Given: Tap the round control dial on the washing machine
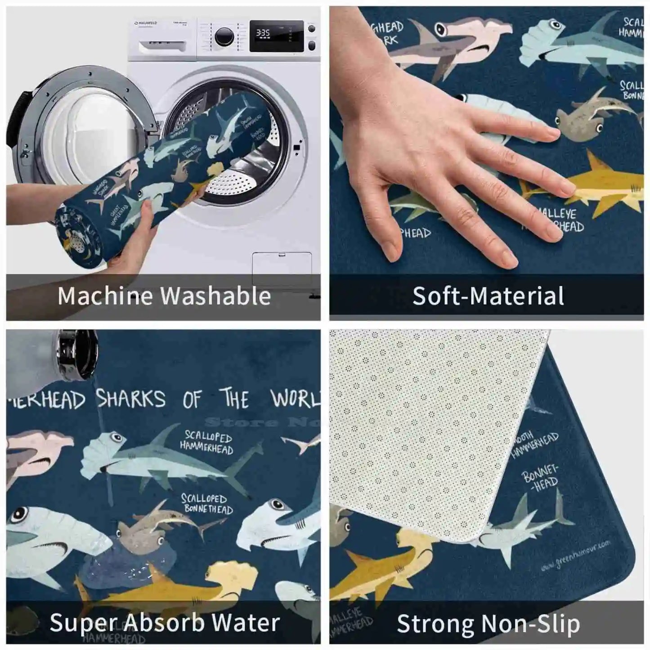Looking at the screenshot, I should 224,36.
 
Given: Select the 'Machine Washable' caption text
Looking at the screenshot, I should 164,296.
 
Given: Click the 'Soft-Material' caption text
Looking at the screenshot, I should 488,296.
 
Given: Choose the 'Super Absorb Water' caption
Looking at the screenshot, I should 165,623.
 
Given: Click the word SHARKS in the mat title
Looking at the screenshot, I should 131,399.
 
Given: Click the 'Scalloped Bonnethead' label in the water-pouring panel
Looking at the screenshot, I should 207,504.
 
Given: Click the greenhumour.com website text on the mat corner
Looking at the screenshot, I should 576,556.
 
